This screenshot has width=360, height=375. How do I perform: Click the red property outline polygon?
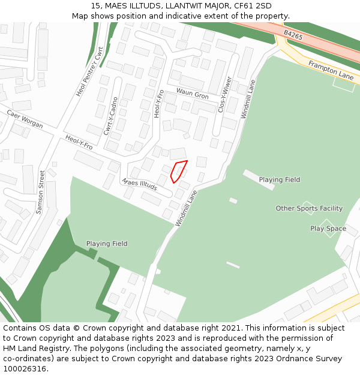click(178, 170)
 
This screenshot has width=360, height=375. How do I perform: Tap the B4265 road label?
click(293, 37)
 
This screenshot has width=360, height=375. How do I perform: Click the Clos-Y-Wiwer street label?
click(224, 94)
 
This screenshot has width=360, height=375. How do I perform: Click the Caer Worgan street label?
click(25, 119)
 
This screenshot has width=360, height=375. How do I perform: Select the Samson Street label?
click(41, 192)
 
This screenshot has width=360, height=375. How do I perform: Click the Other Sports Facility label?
click(309, 208)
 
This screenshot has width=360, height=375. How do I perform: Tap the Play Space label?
click(328, 229)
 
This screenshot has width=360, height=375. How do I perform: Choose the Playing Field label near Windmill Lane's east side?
click(280, 179)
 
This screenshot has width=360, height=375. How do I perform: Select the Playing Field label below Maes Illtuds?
click(107, 244)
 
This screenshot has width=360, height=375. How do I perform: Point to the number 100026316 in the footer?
click(25, 368)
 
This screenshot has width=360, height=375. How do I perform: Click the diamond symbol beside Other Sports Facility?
click(308, 208)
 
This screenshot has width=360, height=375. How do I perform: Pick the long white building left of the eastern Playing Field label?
click(259, 179)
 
